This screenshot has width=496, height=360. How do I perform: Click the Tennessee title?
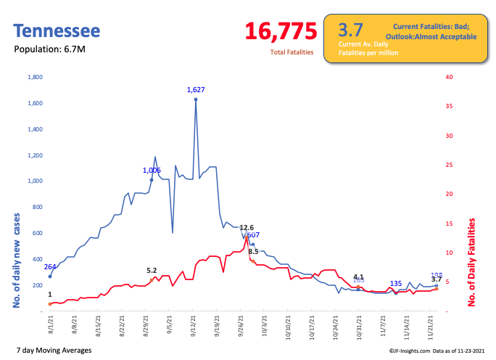(57, 31)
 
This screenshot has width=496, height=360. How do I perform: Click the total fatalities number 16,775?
(281, 31)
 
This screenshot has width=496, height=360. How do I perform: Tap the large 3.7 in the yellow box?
(350, 30)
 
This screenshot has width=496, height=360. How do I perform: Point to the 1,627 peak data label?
(196, 90)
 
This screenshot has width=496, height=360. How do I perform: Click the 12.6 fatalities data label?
(247, 227)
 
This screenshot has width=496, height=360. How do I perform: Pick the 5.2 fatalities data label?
(152, 270)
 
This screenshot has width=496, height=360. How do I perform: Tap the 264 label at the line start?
(50, 266)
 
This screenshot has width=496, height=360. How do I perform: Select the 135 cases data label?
(396, 283)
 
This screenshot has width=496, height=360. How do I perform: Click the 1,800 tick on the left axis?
(35, 77)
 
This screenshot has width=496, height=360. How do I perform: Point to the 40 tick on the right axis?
(450, 77)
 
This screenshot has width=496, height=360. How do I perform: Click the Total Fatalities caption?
(292, 52)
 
